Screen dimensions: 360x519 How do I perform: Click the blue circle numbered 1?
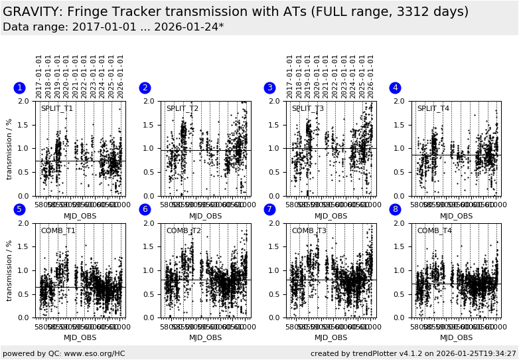19,88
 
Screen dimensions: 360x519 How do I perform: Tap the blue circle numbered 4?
395,88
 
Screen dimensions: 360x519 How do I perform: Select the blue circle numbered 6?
145,210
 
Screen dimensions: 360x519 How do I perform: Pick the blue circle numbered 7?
269,210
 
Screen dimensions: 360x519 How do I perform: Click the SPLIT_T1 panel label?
57,109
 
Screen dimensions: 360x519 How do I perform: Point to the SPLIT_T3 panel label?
308,109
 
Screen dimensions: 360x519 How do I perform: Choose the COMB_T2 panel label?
183,231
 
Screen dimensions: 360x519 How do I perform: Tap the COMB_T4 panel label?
433,231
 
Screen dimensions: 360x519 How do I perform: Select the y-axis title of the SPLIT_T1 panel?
10,149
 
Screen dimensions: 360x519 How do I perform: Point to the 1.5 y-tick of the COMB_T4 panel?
402,247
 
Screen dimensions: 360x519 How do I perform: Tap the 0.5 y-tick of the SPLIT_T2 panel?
151,173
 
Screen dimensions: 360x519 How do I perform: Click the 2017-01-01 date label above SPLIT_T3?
290,76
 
